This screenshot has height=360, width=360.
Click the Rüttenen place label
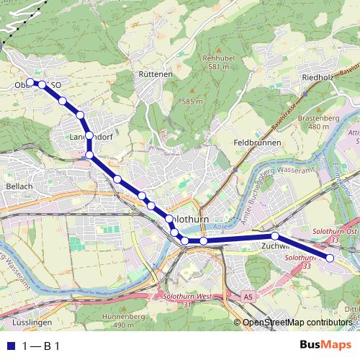tap(156, 74)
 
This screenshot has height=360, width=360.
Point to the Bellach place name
tap(19, 186)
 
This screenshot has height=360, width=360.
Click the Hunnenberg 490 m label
tap(124, 320)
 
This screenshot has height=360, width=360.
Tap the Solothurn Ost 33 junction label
tap(335, 234)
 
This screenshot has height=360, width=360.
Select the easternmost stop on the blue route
tap(330, 258)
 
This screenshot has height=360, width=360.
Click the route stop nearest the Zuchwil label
tap(275, 236)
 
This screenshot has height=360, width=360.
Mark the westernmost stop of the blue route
tap(31, 84)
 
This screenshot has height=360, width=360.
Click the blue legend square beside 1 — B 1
tap(10, 346)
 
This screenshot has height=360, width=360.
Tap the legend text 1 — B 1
tap(41, 346)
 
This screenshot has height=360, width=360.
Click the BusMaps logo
tap(325, 346)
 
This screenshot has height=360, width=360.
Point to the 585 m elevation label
tap(192, 102)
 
